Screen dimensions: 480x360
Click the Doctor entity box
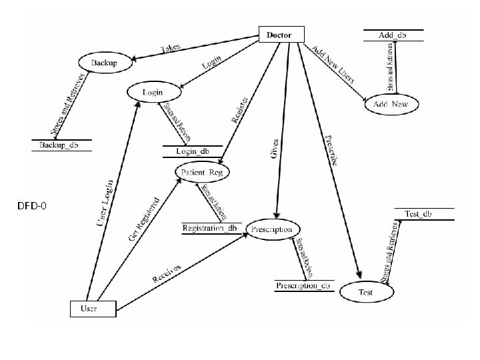pyautogui.click(x=281, y=35)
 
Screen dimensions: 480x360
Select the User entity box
pyautogui.click(x=93, y=308)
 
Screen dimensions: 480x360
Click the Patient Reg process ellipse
pyautogui.click(x=203, y=173)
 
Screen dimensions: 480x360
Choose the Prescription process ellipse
pyautogui.click(x=271, y=229)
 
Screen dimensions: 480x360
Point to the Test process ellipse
pyautogui.click(x=366, y=292)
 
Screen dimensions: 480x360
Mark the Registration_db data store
pyautogui.click(x=210, y=229)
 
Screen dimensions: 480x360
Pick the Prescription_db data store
pyautogui.click(x=303, y=286)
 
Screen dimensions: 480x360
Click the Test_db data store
pyautogui.click(x=418, y=213)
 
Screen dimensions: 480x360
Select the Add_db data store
pyautogui.click(x=393, y=35)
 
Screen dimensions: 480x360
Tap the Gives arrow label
pyautogui.click(x=275, y=148)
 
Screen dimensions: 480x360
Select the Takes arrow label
pyautogui.click(x=171, y=48)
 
